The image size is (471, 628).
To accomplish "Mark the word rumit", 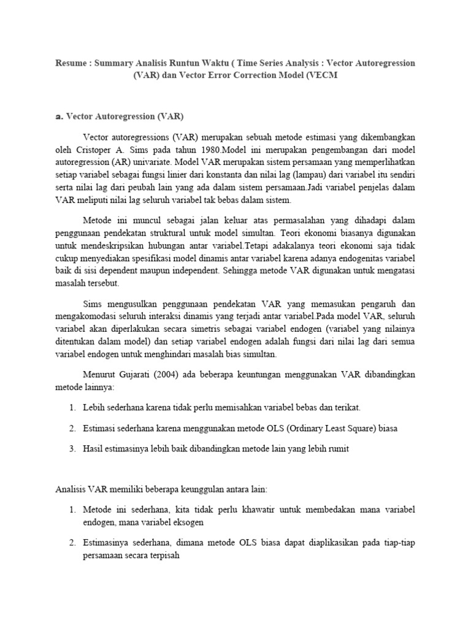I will click(337, 449).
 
